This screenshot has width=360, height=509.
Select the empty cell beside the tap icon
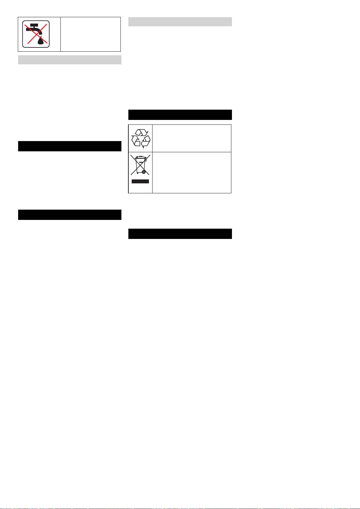91,34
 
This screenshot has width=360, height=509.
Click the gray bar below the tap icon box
70,60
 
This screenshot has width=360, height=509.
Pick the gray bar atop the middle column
180,22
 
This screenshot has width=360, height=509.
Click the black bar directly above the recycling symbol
180,115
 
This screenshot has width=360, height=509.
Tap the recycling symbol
140,138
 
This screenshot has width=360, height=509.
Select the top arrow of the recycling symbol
141,133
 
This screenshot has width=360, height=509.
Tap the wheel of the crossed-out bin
144,172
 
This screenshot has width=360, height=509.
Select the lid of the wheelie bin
140,157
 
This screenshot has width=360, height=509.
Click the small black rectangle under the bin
140,181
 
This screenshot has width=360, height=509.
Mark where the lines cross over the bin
140,165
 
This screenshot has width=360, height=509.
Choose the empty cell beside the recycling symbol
192,138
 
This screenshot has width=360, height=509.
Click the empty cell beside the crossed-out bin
192,172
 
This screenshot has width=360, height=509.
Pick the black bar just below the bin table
180,234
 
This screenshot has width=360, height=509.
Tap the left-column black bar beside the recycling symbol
70,146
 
